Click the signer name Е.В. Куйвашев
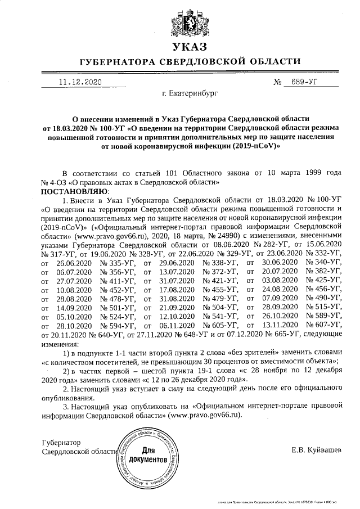click(x=316, y=450)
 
